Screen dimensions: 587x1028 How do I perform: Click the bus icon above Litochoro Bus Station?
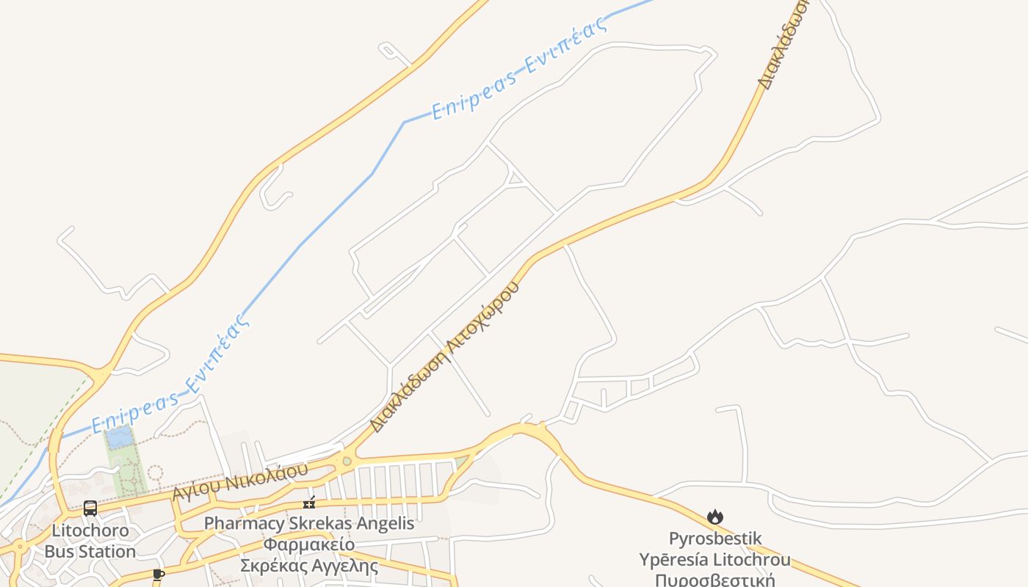90,508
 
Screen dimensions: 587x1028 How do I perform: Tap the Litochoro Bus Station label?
90,541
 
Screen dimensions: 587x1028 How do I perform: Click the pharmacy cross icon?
309,503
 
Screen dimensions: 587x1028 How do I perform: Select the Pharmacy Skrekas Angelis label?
309,524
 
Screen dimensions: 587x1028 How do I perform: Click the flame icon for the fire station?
715,517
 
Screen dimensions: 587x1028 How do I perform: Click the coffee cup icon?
158,574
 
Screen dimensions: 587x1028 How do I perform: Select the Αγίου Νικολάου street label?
240,481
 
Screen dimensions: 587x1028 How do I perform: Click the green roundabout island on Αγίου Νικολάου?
347,462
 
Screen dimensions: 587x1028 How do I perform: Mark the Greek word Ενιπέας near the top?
567,47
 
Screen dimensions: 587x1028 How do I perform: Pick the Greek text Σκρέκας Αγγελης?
309,566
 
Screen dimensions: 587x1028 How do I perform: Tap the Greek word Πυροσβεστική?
715,580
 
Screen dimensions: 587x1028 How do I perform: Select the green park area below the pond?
126,470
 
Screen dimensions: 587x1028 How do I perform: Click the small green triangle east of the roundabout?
460,462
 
